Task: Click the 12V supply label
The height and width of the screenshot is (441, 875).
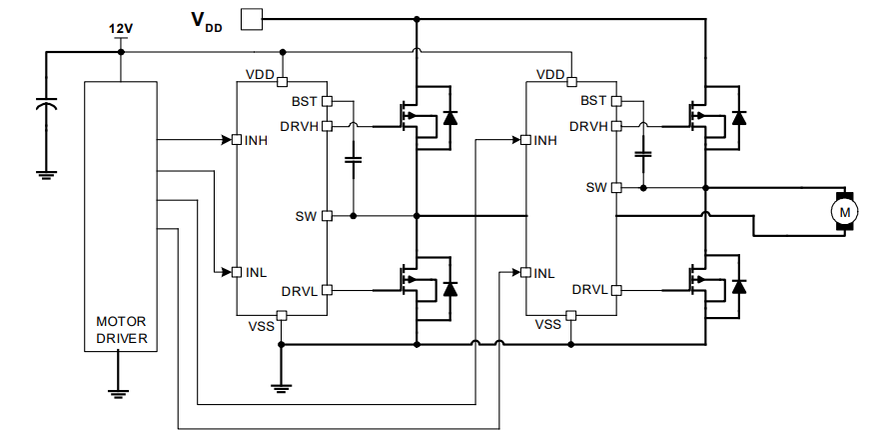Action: coord(121,29)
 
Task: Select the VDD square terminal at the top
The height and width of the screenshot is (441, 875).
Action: coord(252,19)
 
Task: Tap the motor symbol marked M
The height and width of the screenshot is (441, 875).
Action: coord(844,211)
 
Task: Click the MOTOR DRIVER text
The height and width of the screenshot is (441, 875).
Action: coord(121,330)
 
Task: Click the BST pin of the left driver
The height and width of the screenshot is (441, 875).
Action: coord(327,101)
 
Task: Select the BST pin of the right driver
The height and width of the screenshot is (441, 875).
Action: coord(616,101)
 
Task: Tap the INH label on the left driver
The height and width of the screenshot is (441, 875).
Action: coord(256,140)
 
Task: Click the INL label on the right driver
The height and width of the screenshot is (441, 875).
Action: coord(544,273)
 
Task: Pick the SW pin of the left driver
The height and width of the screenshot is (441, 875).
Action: coord(327,216)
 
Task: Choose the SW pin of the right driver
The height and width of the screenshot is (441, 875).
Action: coord(616,187)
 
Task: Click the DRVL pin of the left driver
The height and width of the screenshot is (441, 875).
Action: coord(327,290)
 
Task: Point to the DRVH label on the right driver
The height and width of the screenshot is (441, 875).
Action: coord(588,126)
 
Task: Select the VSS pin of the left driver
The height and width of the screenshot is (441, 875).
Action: coord(282,316)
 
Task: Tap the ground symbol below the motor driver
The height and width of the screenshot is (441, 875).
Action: coord(120,391)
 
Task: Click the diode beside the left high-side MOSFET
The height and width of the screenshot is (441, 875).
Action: coord(449,117)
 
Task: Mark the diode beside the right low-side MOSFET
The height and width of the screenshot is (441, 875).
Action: coord(739,286)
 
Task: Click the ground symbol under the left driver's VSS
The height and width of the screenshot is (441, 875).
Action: coord(282,386)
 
